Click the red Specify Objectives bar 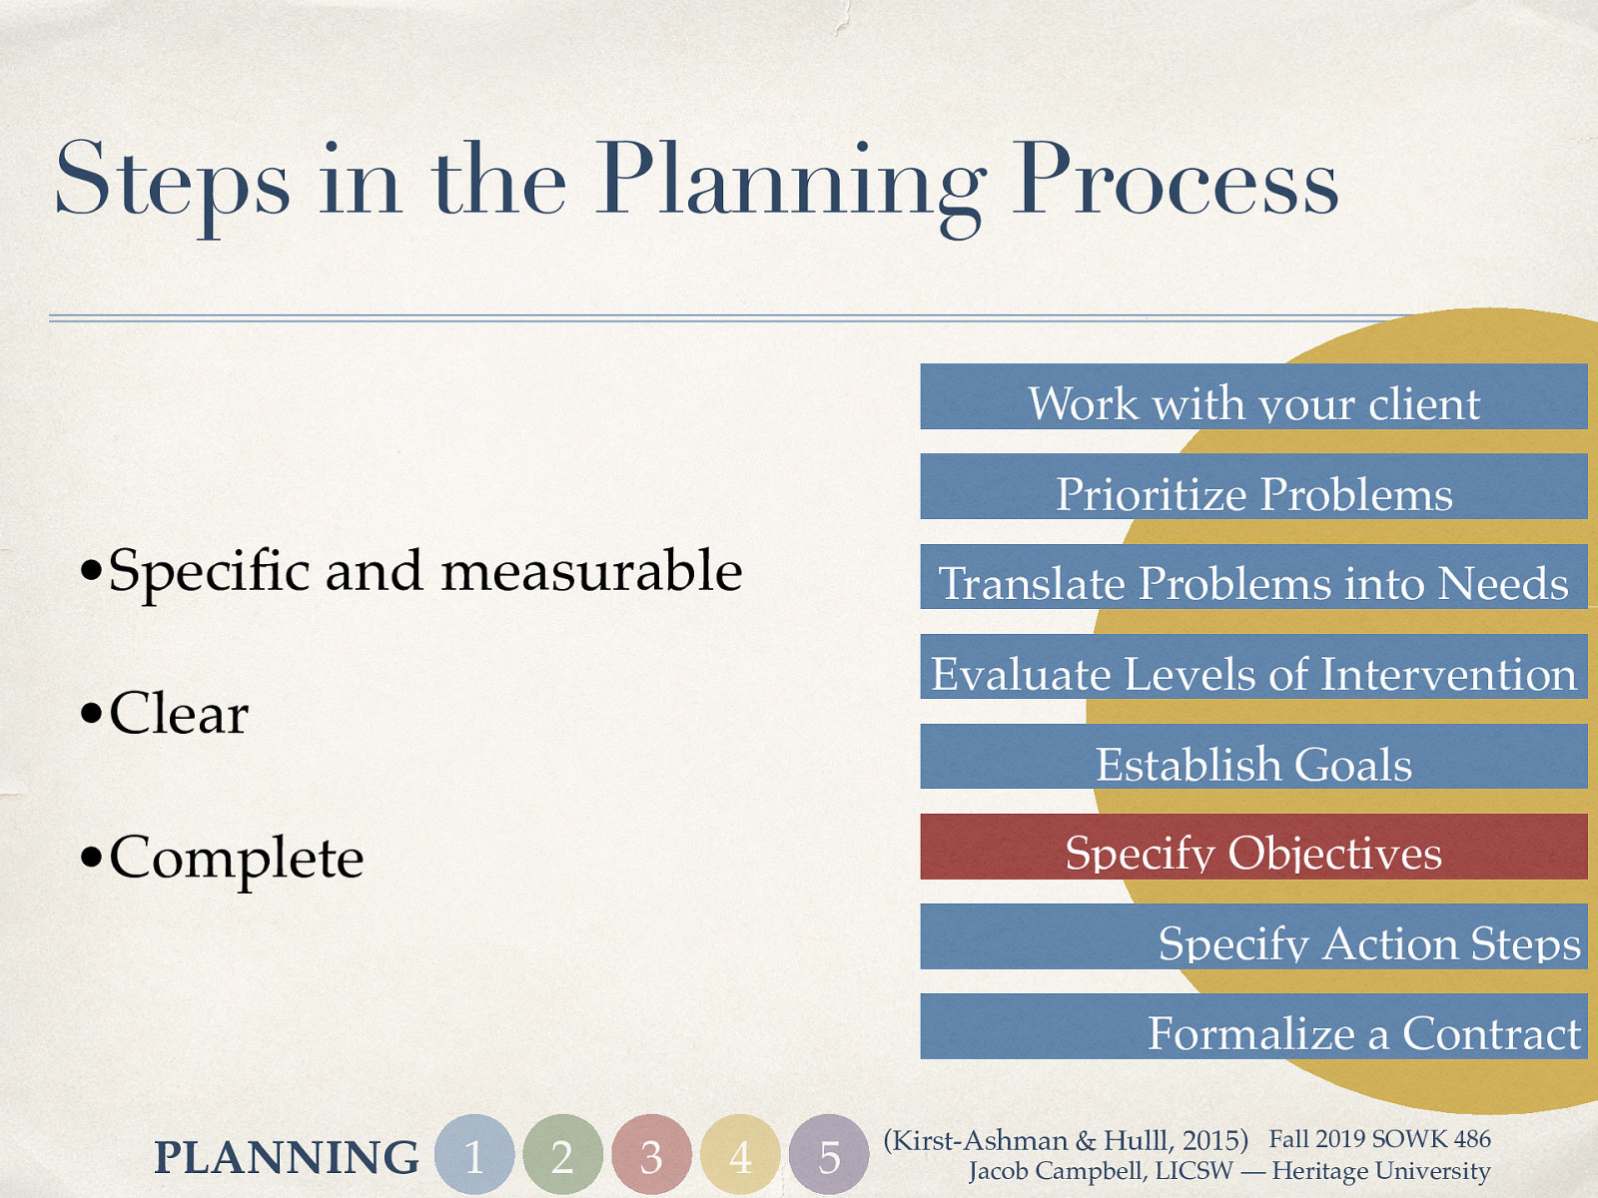(x=1253, y=847)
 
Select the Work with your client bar (x=1253, y=397)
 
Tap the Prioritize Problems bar (x=1253, y=487)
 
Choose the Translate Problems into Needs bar (x=1253, y=577)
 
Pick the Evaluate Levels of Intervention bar (x=1253, y=667)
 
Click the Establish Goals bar (x=1253, y=757)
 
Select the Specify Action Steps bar (x=1253, y=936)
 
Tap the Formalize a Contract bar (x=1253, y=1026)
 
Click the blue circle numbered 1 (x=474, y=1155)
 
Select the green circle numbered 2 (x=562, y=1155)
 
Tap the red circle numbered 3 (x=651, y=1155)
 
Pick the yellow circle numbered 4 (x=740, y=1155)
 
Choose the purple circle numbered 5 (x=829, y=1155)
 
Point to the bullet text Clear (x=178, y=714)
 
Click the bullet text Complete (x=236, y=858)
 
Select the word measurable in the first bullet (x=591, y=571)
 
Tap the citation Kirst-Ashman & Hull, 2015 (x=1066, y=1140)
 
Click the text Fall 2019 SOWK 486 (x=1379, y=1139)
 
